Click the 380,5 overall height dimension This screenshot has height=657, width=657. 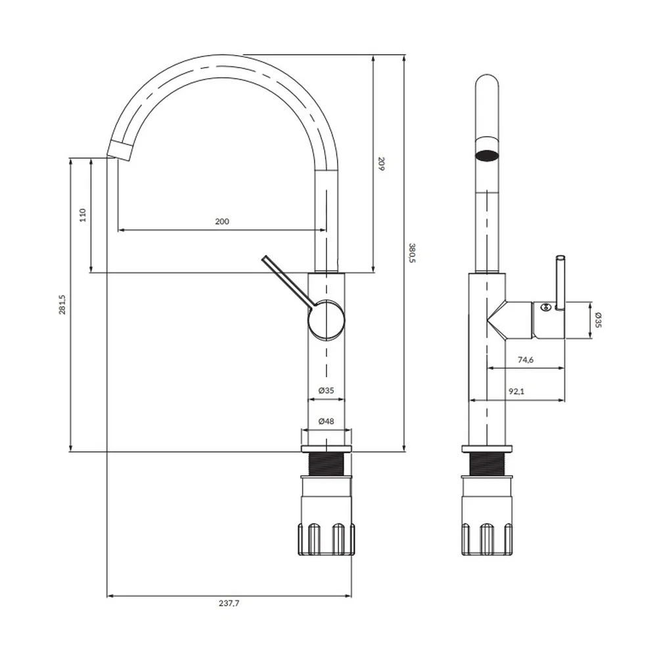413,253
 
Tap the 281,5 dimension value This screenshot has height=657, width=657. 62,304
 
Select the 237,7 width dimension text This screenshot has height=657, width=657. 229,603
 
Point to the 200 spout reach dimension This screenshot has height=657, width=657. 222,221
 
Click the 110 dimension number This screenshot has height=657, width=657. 83,215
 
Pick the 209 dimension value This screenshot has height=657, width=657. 381,164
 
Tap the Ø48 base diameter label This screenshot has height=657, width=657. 326,421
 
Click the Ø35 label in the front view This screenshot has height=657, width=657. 326,390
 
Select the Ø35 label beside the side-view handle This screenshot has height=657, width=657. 598,320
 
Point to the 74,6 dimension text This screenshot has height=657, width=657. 526,359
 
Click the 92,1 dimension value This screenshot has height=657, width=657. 516,392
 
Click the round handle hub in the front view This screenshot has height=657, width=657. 327,321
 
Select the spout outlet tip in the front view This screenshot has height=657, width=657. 120,150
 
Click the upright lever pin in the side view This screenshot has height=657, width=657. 560,283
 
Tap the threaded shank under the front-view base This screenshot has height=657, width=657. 327,464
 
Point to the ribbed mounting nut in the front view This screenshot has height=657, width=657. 327,539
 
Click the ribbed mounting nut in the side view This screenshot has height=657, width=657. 487,539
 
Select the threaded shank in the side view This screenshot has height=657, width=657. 487,464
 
